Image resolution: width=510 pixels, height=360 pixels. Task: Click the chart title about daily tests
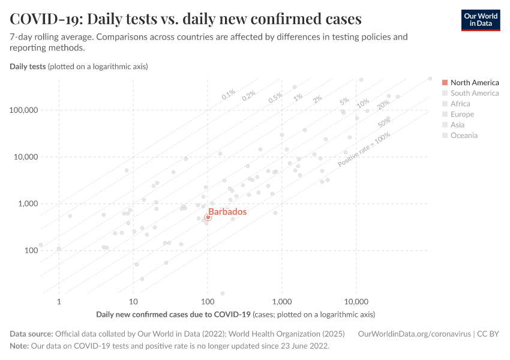(185, 19)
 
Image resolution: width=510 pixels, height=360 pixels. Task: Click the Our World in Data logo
(480, 19)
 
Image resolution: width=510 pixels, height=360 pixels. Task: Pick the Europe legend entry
(461, 114)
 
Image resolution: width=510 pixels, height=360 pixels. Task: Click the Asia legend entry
(457, 125)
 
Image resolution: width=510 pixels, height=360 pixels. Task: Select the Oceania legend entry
(463, 136)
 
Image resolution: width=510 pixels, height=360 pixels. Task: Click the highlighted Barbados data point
(208, 217)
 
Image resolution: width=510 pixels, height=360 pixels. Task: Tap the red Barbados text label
(227, 212)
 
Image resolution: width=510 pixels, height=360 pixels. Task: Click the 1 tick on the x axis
(59, 301)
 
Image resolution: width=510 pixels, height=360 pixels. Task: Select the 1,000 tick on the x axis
(282, 301)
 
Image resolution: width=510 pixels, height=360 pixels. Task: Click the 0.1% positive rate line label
(229, 94)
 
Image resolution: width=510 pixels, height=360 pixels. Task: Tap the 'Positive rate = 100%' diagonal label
(364, 149)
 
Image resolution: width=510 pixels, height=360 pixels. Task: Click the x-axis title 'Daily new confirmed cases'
(173, 314)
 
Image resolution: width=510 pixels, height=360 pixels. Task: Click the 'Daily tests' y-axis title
(28, 66)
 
